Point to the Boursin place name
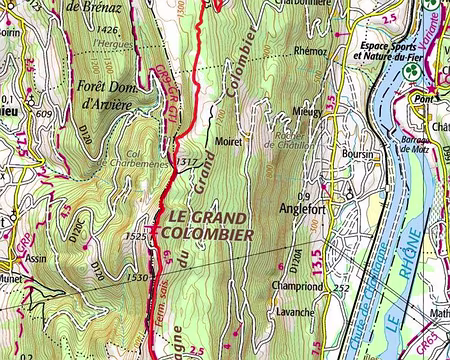(x=356, y=155)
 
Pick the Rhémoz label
(x=312, y=50)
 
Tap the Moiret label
(x=230, y=143)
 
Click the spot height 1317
(x=185, y=161)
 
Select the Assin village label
(x=37, y=257)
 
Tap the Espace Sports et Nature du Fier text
(x=389, y=52)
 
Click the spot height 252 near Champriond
(x=342, y=287)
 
